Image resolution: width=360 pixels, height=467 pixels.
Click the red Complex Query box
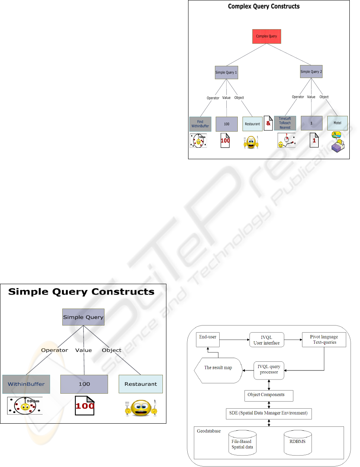coord(267,36)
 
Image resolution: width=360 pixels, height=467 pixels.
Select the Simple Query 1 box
coord(226,73)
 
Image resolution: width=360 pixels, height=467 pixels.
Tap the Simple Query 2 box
coord(312,72)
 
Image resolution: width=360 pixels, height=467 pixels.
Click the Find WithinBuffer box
coord(200,124)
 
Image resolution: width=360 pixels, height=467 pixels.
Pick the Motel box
coord(337,123)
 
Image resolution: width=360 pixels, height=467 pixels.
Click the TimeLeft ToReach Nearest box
coord(285,123)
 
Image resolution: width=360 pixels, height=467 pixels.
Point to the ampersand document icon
coord(268,123)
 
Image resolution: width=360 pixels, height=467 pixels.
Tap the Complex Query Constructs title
coord(264,7)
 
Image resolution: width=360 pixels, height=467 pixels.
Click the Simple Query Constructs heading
coord(81,292)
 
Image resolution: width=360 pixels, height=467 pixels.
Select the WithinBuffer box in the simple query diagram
coord(26,384)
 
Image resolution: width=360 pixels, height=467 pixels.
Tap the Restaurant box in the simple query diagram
coord(140,384)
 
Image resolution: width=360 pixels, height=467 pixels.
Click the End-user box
coord(208,339)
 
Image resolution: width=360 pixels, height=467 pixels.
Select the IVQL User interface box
coord(267,340)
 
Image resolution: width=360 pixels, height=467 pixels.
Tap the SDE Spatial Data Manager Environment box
coord(269,413)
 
